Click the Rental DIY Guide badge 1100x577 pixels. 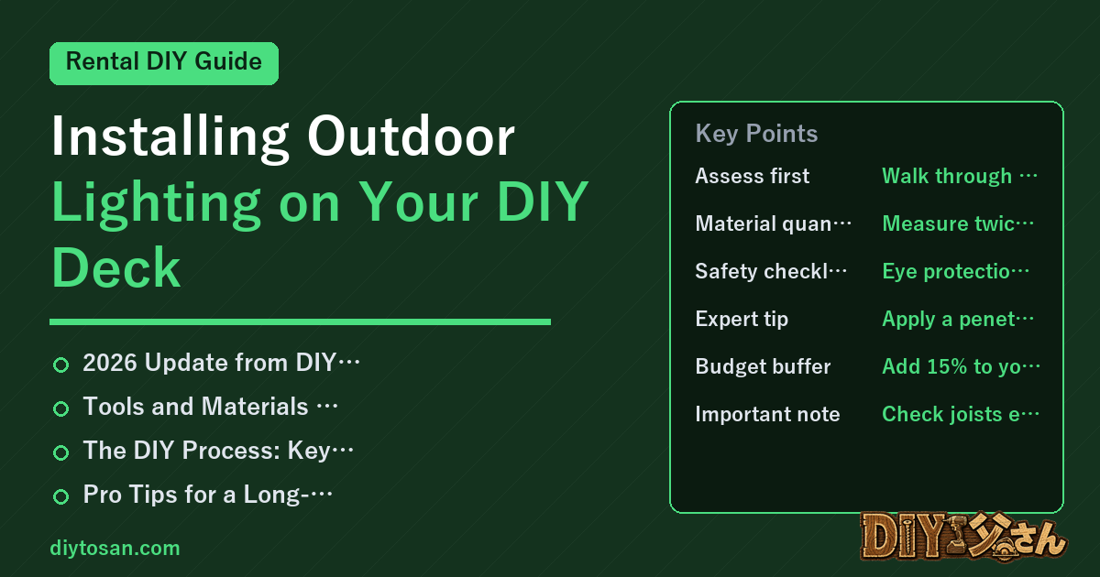click(x=164, y=63)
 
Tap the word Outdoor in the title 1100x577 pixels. click(x=411, y=136)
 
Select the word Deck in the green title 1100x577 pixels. click(x=115, y=267)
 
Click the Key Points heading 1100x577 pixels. click(x=756, y=134)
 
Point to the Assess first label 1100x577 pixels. click(x=752, y=176)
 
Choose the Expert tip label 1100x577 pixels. click(x=742, y=319)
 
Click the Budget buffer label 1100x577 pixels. click(x=763, y=366)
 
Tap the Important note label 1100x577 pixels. click(x=767, y=414)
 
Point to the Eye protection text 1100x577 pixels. click(x=955, y=271)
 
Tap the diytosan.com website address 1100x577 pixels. click(x=115, y=548)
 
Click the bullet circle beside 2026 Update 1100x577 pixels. click(x=60, y=365)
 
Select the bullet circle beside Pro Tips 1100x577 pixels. click(x=60, y=496)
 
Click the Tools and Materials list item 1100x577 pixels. click(x=210, y=407)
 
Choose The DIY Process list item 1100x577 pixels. click(x=218, y=451)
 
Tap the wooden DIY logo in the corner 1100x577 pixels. click(x=963, y=536)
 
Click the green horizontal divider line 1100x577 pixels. click(x=300, y=321)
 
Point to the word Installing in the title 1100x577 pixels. click(x=170, y=136)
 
